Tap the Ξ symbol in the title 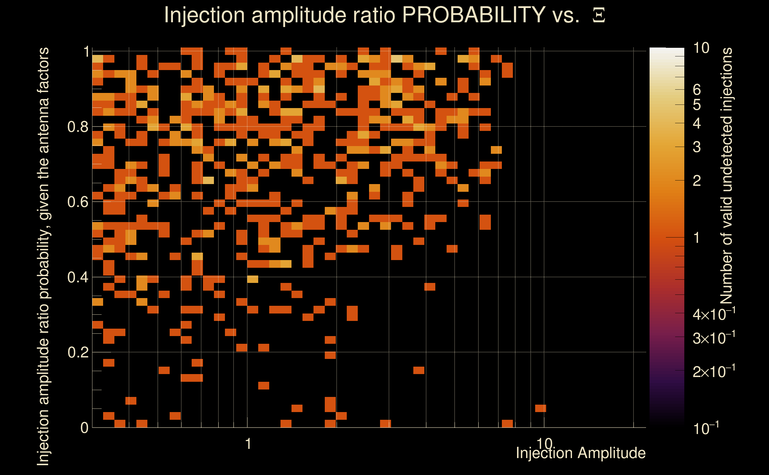(599, 15)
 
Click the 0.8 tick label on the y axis (78, 127)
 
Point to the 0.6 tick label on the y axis (78, 202)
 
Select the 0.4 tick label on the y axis (78, 277)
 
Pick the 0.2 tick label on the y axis (78, 352)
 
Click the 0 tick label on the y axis (84, 428)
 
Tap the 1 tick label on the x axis (248, 444)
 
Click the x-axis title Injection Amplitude (581, 453)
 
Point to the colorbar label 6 (697, 90)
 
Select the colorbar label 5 (697, 105)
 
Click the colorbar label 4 (697, 123)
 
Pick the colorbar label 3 (697, 147)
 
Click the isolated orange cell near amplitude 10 (540, 408)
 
